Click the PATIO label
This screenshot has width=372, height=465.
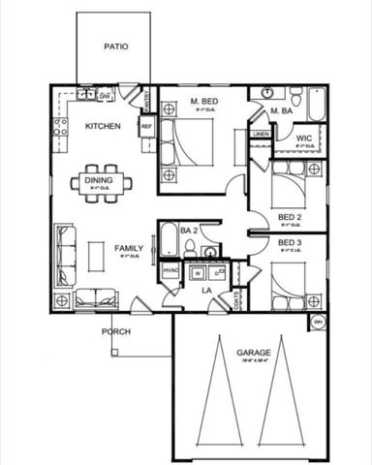click(x=117, y=46)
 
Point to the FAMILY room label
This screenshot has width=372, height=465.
click(x=129, y=249)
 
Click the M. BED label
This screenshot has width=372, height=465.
click(x=204, y=102)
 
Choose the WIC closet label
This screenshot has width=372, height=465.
click(x=303, y=139)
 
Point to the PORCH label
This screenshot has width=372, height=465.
click(x=117, y=331)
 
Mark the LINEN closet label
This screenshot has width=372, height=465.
click(x=261, y=134)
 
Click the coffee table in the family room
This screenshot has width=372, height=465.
click(x=95, y=256)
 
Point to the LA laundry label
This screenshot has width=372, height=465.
click(x=206, y=290)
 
